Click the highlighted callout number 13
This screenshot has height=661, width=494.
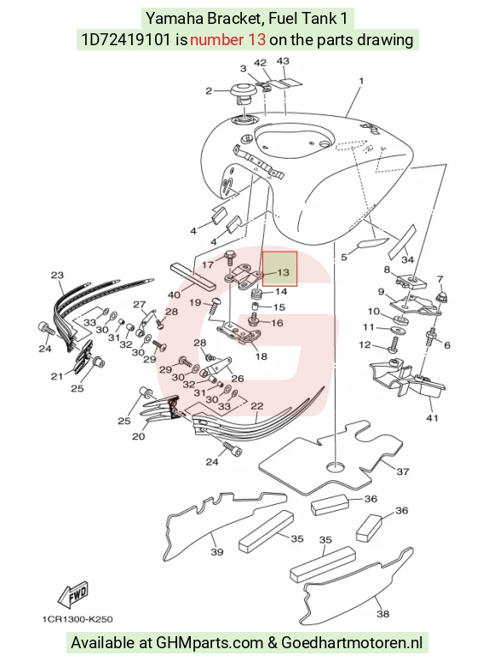[x=284, y=272]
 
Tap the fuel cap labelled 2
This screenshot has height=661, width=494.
[x=242, y=95]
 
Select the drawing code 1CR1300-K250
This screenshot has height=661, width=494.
[x=78, y=619]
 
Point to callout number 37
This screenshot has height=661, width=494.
[x=403, y=472]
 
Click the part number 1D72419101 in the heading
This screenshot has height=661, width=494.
[x=126, y=39]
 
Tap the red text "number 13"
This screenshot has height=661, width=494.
[x=227, y=39]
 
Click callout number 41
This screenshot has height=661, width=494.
[x=433, y=418]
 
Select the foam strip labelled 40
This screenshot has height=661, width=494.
[x=192, y=275]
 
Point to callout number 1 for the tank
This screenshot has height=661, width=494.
[x=361, y=80]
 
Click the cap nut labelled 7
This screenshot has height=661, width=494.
[x=442, y=297]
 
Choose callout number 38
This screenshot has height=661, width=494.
[x=382, y=613]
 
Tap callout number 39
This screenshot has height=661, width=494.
[x=217, y=551]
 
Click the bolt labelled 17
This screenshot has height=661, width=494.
[x=229, y=257]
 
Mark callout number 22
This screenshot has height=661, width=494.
[x=257, y=405]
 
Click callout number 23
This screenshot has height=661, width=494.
[x=57, y=275]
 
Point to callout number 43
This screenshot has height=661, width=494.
[x=283, y=61]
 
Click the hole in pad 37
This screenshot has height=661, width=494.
[x=336, y=467]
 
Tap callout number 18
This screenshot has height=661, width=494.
[x=261, y=357]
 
